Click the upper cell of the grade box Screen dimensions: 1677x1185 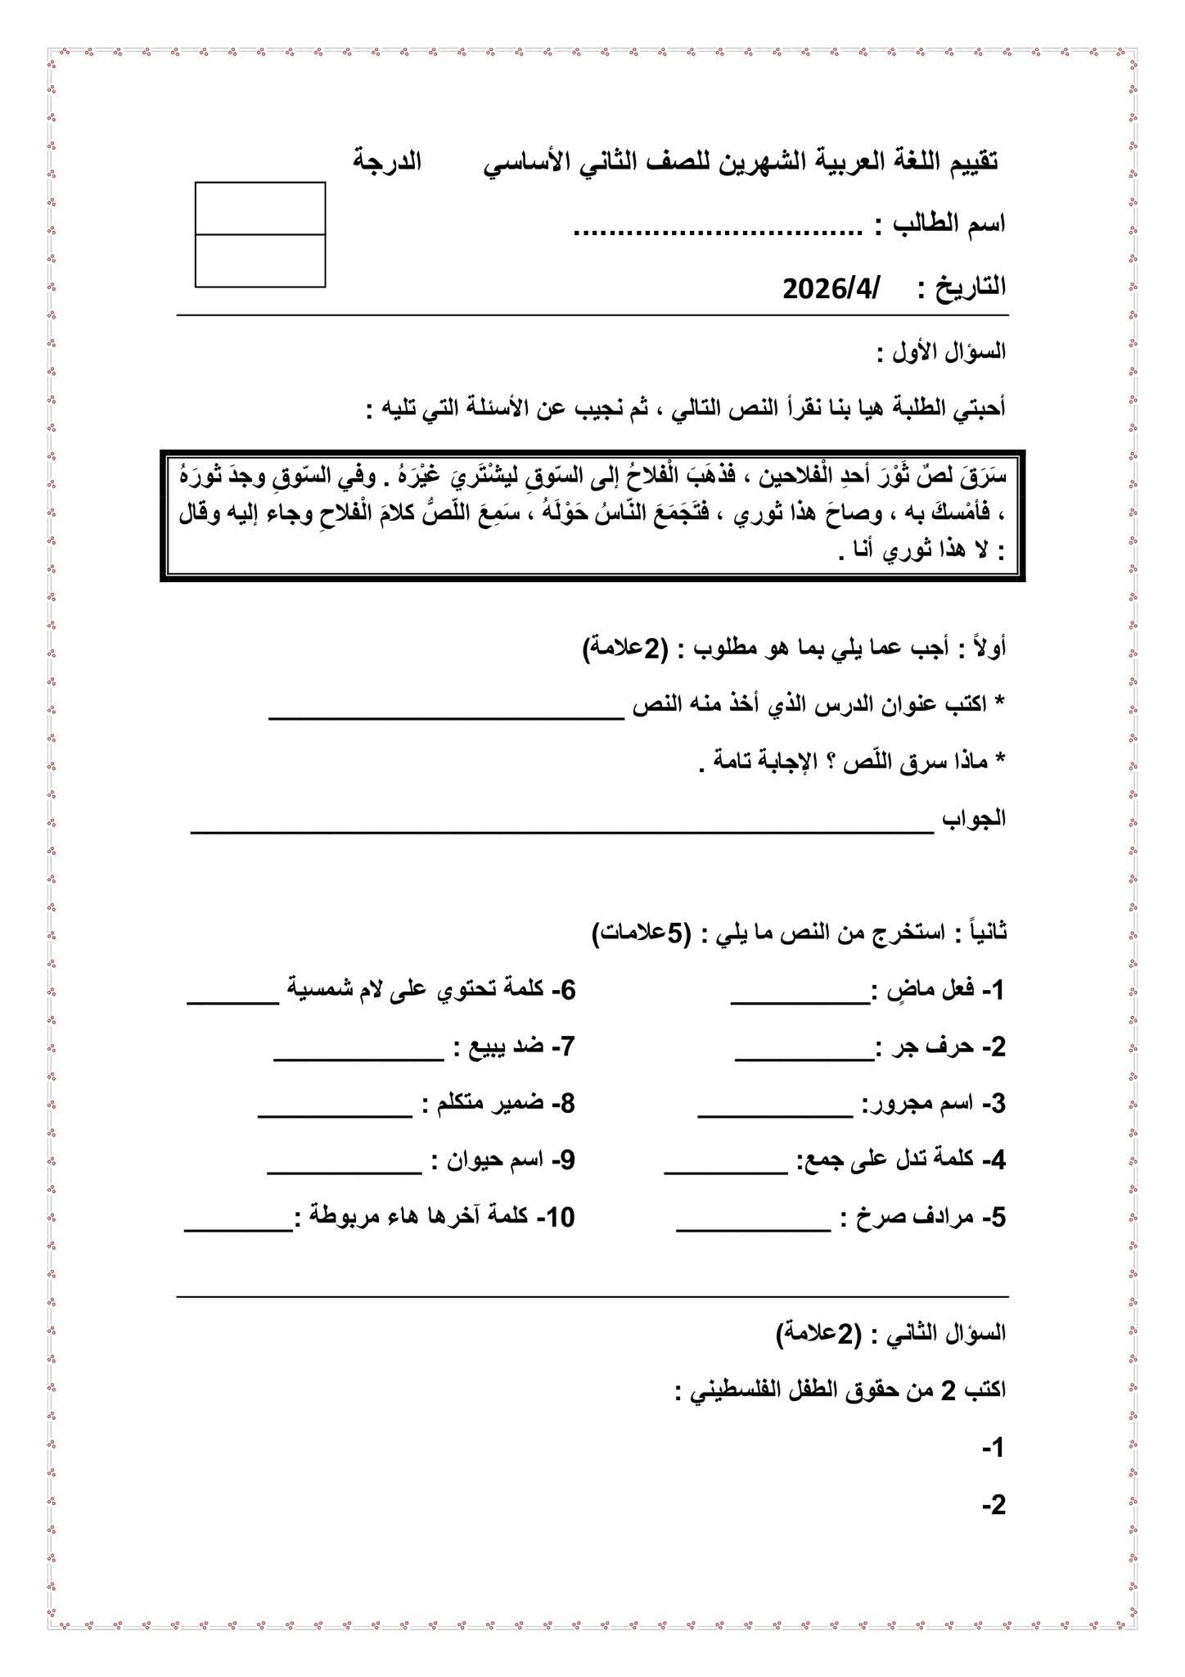click(x=260, y=208)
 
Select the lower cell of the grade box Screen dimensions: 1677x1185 click(x=260, y=260)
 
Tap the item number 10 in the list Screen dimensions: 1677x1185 click(x=560, y=1218)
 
